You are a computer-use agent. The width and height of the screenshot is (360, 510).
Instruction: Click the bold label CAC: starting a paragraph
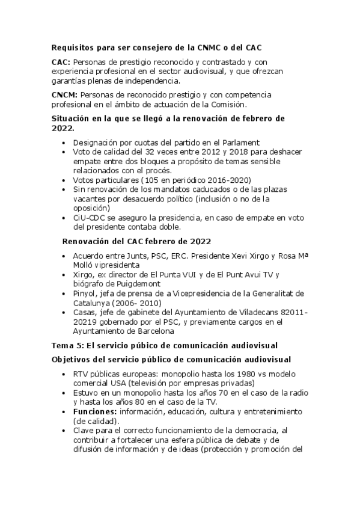coord(61,62)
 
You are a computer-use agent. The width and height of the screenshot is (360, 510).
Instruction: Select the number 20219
coord(87,322)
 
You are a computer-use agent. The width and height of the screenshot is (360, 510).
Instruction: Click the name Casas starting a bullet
coord(85,312)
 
